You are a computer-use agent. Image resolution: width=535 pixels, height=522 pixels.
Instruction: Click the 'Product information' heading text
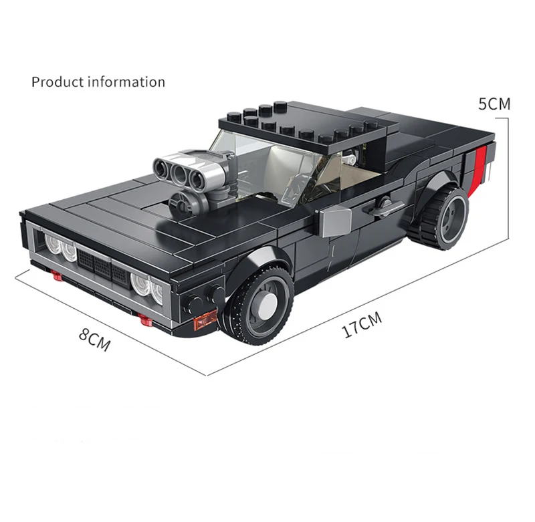(98, 82)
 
